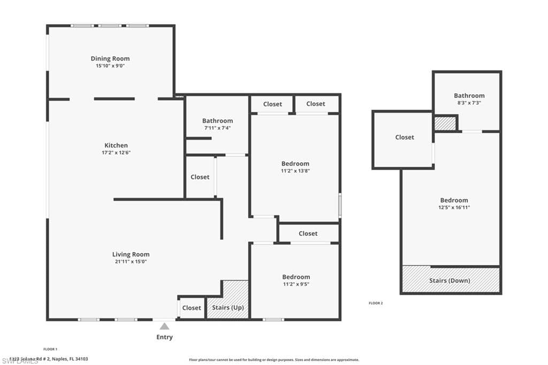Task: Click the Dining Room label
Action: (110, 58)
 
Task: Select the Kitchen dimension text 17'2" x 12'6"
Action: (116, 153)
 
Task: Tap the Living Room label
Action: (131, 254)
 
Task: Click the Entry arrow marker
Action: (164, 326)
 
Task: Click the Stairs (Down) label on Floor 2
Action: (450, 280)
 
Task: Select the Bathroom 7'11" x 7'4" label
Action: (217, 121)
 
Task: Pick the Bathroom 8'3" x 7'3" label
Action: (469, 96)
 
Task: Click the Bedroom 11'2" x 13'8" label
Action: (295, 164)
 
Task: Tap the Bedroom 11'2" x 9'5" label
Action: (296, 277)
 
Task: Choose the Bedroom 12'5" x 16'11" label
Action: (454, 200)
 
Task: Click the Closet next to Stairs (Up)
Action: (192, 308)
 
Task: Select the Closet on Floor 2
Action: (405, 138)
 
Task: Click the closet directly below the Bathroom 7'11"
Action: (200, 177)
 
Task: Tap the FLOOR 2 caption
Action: (376, 303)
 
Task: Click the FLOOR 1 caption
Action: (50, 349)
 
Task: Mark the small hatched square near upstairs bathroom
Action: (445, 124)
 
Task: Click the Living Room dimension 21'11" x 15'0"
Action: (131, 262)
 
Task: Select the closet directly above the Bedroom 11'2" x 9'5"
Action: (308, 233)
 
